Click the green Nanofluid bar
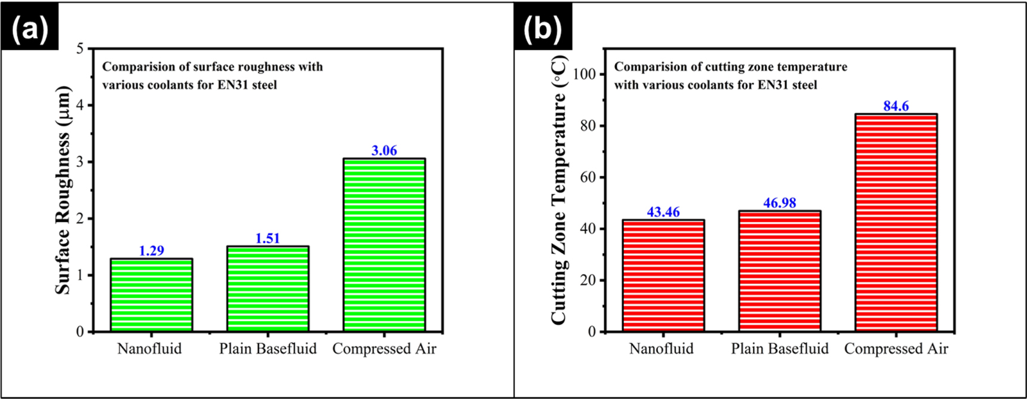click(x=152, y=295)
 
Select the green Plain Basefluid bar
click(x=267, y=289)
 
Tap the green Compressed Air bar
click(x=384, y=245)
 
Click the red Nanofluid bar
click(x=663, y=276)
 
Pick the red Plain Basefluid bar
click(x=779, y=271)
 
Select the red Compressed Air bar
click(x=896, y=222)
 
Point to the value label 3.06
click(x=384, y=150)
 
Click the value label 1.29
click(x=152, y=251)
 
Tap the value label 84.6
click(x=896, y=106)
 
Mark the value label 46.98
click(x=779, y=203)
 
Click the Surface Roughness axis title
click(x=63, y=190)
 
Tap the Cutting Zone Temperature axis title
click(x=559, y=190)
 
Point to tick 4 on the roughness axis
click(x=81, y=106)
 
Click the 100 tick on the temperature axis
click(x=584, y=74)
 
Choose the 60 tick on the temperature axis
click(x=588, y=177)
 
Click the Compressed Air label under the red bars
click(x=896, y=349)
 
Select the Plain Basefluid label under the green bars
click(x=267, y=349)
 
